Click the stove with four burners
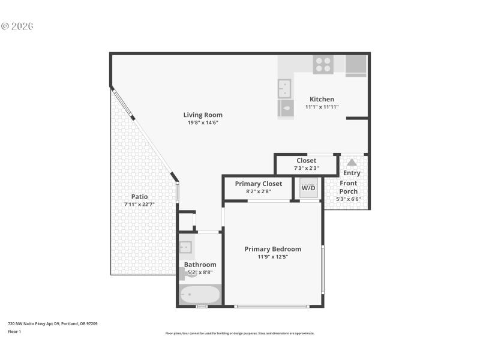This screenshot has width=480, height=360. (323, 65)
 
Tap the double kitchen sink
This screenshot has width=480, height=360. (284, 89)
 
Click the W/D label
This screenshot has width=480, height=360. (308, 188)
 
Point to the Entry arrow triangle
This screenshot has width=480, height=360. (352, 162)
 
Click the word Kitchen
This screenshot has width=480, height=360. (322, 100)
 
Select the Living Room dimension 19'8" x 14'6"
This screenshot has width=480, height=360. (203, 123)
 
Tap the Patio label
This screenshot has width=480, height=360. (139, 196)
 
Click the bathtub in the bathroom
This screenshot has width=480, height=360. (200, 295)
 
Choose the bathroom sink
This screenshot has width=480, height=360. (185, 246)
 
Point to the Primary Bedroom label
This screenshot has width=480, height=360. (272, 249)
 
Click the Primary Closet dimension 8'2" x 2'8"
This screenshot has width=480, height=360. (259, 191)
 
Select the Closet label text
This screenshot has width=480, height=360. (306, 161)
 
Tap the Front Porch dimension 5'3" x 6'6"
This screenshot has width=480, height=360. (348, 199)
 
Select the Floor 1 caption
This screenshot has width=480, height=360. (14, 331)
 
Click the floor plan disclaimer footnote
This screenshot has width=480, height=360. (239, 333)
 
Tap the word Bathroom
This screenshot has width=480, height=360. (200, 265)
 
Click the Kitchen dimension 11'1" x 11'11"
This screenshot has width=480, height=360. (322, 107)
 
